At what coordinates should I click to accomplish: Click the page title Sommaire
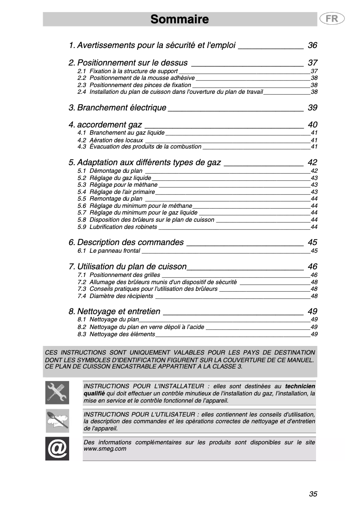tap(180, 19)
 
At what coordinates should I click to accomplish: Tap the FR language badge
tap(332, 19)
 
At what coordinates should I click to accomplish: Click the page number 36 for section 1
tap(312, 45)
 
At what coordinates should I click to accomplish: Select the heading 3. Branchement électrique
tap(122, 108)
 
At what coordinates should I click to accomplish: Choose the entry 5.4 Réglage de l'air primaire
tap(122, 192)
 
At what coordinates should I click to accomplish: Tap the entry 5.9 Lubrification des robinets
tap(123, 227)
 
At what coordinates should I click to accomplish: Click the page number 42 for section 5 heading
tap(312, 162)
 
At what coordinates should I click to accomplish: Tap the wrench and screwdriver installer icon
tap(57, 392)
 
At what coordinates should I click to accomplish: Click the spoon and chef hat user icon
tap(57, 421)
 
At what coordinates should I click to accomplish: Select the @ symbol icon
tap(57, 448)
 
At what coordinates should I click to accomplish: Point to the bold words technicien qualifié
tap(300, 386)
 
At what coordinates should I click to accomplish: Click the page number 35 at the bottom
tap(313, 494)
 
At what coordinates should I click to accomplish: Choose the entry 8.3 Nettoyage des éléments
tap(122, 334)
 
